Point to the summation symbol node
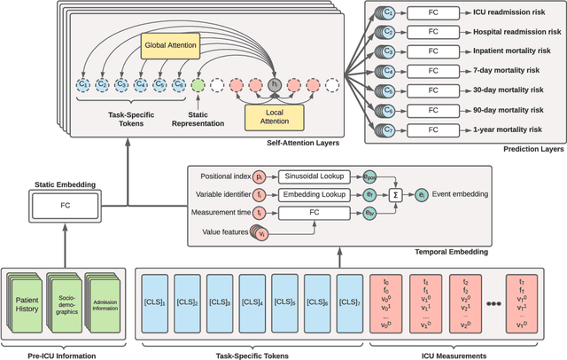pyautogui.click(x=396, y=194)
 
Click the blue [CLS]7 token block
pyautogui.click(x=350, y=301)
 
